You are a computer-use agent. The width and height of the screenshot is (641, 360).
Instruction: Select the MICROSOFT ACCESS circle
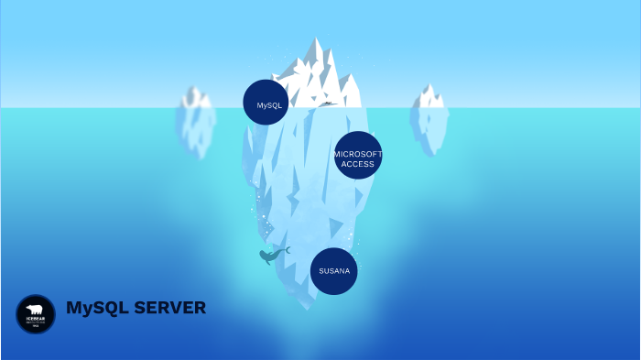pyautogui.click(x=357, y=155)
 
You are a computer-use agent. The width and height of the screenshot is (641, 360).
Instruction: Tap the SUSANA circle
pyautogui.click(x=333, y=271)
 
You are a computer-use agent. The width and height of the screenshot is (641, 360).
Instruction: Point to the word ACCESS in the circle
pyautogui.click(x=357, y=164)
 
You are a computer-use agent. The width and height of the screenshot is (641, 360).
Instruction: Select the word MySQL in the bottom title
pyautogui.click(x=97, y=308)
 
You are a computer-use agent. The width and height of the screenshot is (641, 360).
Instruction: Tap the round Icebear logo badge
pyautogui.click(x=36, y=314)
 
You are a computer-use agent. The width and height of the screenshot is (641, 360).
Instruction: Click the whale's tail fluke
pyautogui.click(x=286, y=249)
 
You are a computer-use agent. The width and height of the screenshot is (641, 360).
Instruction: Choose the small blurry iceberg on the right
pyautogui.click(x=429, y=117)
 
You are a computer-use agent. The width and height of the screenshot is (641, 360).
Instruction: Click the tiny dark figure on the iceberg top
pyautogui.click(x=326, y=104)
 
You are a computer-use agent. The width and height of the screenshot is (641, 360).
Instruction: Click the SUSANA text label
pyautogui.click(x=333, y=271)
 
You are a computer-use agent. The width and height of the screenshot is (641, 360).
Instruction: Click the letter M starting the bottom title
pyautogui.click(x=73, y=308)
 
